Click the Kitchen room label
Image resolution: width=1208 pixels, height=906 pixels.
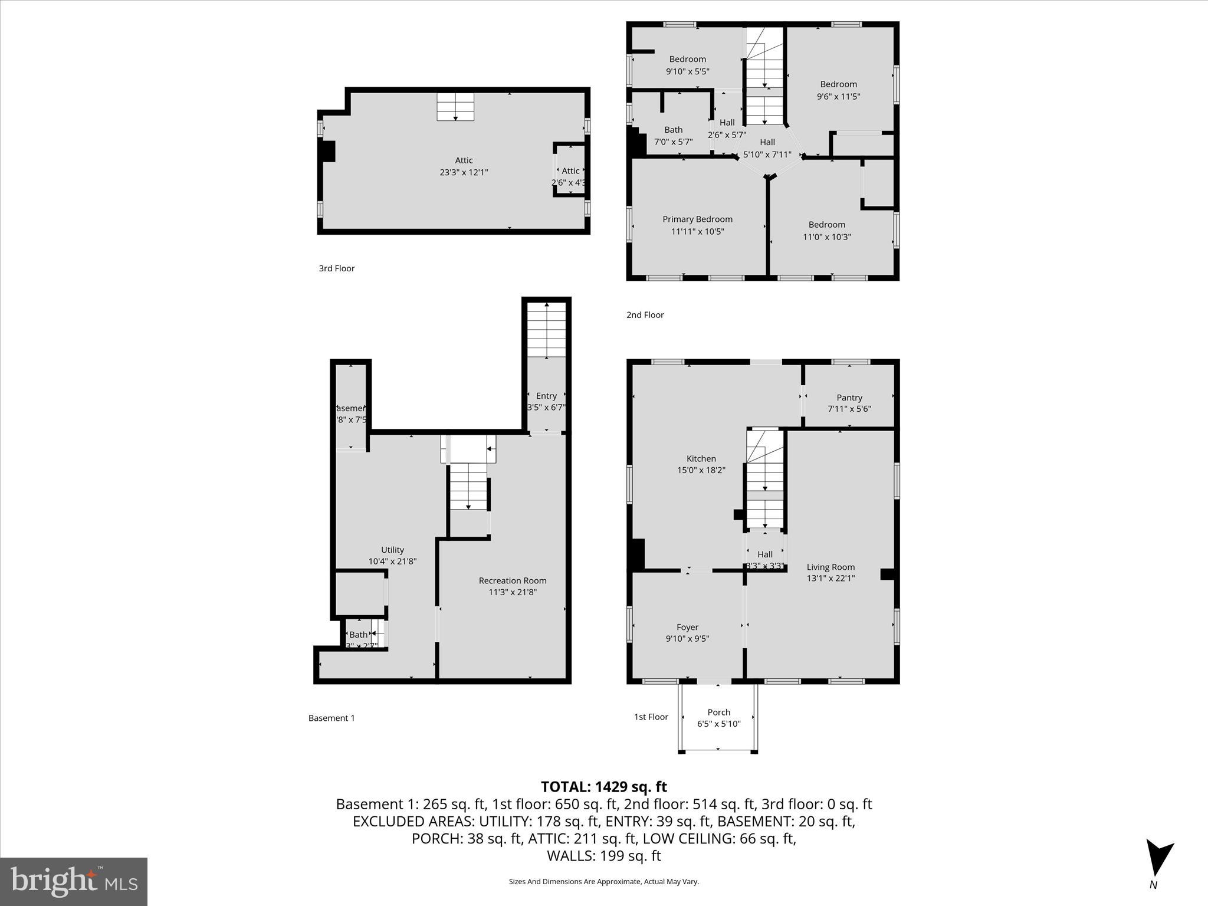tap(701, 458)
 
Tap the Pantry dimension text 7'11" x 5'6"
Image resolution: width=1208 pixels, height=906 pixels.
tap(849, 409)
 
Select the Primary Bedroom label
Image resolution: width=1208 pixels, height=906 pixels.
tap(697, 219)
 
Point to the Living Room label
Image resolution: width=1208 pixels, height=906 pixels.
tap(830, 567)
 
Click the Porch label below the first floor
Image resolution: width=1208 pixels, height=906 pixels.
tap(718, 712)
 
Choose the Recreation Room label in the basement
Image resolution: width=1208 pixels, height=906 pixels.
tap(513, 580)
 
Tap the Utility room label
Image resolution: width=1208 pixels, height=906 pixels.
tap(392, 550)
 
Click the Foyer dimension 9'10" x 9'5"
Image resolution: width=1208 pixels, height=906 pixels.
tap(687, 638)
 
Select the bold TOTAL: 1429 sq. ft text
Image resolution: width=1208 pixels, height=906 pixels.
tap(603, 787)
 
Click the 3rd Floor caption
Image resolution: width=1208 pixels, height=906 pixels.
tap(337, 268)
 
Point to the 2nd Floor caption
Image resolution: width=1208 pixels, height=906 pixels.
tap(645, 315)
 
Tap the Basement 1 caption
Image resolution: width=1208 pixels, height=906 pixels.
tap(331, 718)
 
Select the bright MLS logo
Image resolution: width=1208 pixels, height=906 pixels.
tap(74, 882)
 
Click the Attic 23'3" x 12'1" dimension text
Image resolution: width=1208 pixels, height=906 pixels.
tap(464, 172)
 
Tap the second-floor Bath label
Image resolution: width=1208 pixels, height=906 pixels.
tap(673, 130)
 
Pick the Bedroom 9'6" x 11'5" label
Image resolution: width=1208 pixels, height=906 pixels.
tap(838, 84)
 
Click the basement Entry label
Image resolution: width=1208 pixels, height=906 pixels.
tap(546, 396)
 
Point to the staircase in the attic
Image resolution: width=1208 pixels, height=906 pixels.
tap(455, 106)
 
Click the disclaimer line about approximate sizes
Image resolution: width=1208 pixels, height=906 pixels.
tap(603, 881)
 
